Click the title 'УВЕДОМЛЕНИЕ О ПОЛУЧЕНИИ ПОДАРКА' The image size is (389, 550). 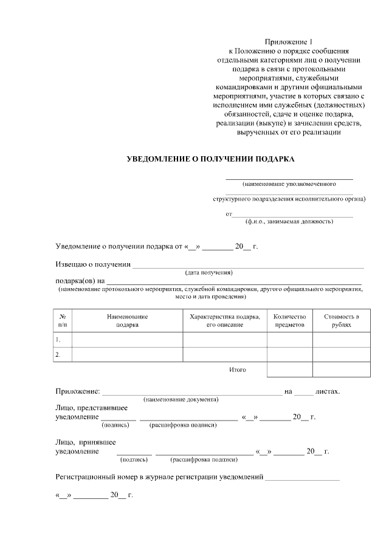210,159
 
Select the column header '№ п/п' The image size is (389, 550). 63,320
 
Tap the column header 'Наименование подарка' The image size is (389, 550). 127,320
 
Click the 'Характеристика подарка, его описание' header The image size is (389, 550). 225,320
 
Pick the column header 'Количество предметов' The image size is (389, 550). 290,320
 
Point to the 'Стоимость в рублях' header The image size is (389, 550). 341,320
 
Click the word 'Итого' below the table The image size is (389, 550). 238,370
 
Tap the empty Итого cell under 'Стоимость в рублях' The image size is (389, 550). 341,370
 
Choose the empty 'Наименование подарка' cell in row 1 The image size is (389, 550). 127,340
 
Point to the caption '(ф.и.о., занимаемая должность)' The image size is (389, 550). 289,221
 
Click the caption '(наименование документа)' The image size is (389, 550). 181,399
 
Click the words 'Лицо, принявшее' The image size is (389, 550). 85,442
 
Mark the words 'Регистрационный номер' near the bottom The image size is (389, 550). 97,478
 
